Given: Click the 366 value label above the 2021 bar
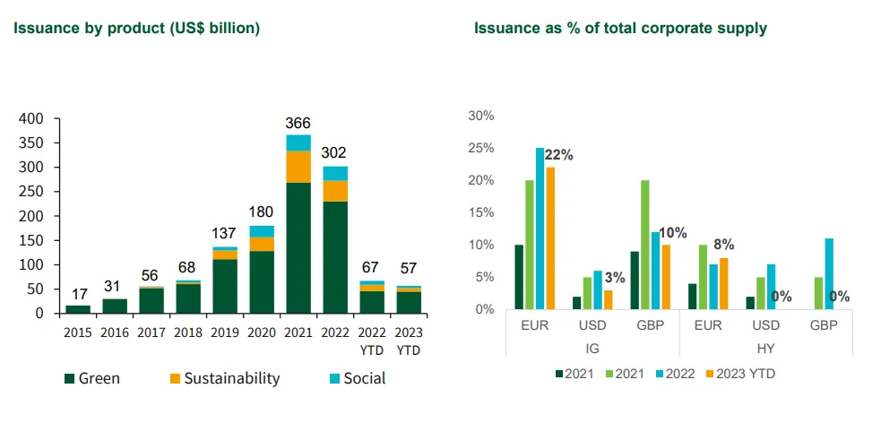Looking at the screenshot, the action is click(298, 123).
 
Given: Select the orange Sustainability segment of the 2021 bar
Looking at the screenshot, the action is click(298, 167).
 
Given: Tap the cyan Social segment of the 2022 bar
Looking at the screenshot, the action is click(335, 174).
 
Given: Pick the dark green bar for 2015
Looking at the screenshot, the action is click(78, 309).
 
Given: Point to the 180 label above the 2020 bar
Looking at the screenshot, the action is click(262, 212).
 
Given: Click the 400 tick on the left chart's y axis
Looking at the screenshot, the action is click(30, 119).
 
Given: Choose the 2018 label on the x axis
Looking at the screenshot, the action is click(187, 332).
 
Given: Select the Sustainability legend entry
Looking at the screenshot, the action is click(224, 378).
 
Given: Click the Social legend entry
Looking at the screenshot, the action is click(358, 378).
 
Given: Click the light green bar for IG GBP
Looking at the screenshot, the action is click(645, 245).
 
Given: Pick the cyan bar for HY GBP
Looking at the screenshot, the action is click(829, 274).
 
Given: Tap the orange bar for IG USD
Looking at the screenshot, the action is click(609, 300).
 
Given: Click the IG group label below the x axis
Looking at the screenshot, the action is click(592, 349).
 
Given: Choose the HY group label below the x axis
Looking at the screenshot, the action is click(765, 349).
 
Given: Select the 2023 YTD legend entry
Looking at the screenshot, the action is click(739, 374).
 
